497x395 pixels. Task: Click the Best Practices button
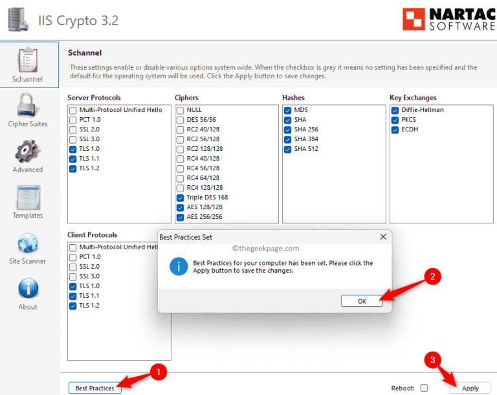94,388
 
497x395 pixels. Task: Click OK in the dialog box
362,300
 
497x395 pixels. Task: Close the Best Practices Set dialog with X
382,237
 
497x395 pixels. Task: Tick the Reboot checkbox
424,388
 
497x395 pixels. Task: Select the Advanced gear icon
27,150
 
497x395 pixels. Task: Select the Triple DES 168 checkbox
181,198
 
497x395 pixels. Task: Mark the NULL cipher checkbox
181,110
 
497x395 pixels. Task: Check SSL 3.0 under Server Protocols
73,139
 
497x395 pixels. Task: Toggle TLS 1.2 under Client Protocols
73,306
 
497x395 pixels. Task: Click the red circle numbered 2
432,276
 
